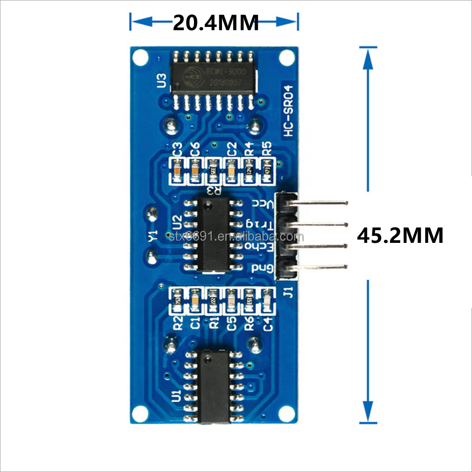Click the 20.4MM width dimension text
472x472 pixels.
(x=216, y=22)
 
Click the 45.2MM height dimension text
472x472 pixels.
(x=400, y=235)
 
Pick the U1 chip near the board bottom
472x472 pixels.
(x=214, y=386)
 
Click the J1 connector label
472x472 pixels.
(x=289, y=293)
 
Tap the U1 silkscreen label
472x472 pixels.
(x=176, y=395)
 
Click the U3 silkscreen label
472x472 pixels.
(x=161, y=80)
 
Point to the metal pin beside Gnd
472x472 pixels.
(x=321, y=267)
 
